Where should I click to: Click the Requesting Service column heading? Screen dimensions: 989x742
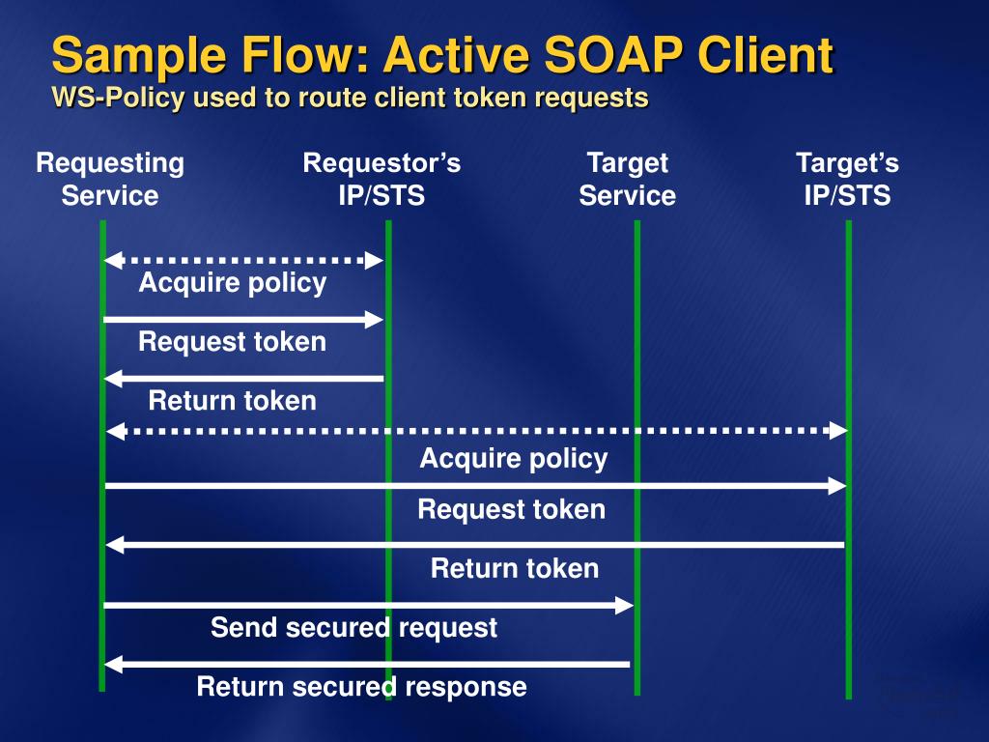[x=110, y=179]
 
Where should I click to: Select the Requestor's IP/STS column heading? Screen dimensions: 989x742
[x=381, y=179]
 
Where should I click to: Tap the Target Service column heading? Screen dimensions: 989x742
[x=628, y=179]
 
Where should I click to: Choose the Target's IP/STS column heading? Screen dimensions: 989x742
[x=847, y=179]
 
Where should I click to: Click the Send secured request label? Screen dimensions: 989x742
[x=353, y=628]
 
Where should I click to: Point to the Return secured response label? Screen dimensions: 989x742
[x=361, y=687]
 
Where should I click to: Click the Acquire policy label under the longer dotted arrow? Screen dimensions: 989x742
[x=514, y=459]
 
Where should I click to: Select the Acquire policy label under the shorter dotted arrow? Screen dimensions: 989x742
[x=233, y=283]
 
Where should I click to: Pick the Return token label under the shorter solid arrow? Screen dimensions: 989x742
[x=232, y=401]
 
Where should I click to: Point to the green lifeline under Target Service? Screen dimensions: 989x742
[x=637, y=457]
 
